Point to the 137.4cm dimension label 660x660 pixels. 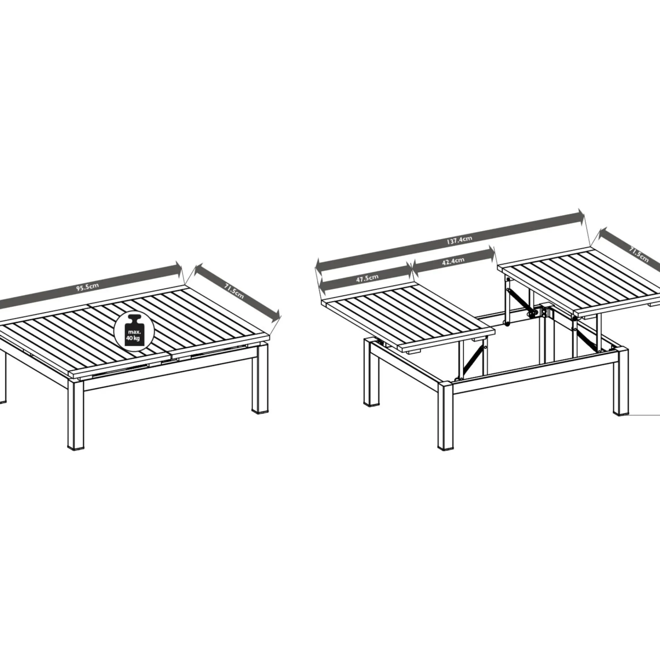click(x=460, y=240)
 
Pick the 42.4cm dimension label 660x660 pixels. click(x=453, y=262)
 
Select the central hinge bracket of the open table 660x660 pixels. click(x=541, y=313)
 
